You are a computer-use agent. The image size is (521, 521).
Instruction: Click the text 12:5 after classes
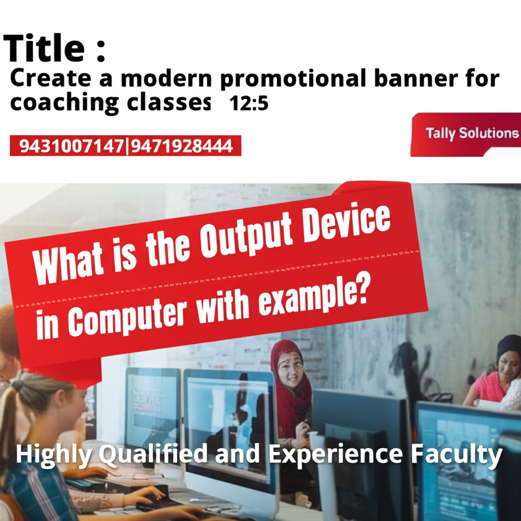tap(249, 104)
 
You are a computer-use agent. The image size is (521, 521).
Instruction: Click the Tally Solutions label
tap(472, 134)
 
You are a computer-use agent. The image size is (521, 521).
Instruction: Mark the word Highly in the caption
tap(53, 454)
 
